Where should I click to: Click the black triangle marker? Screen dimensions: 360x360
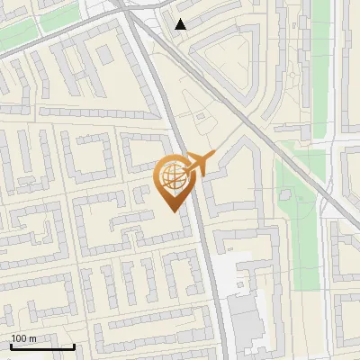(x=181, y=24)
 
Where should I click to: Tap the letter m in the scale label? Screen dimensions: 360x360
(x=32, y=338)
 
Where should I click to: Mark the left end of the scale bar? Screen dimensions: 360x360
(x=12, y=346)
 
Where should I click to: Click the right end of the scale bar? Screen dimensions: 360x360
(x=74, y=346)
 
